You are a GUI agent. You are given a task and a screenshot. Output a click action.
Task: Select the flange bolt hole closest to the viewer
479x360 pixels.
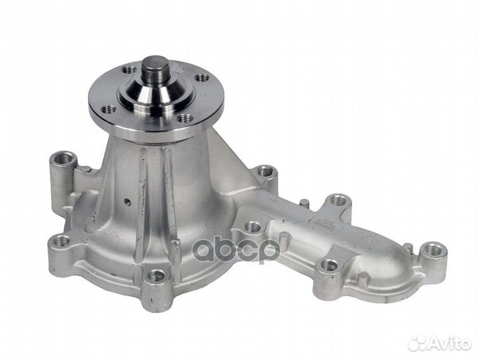click(185, 118)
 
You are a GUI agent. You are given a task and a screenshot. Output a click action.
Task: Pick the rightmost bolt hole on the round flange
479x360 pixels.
click(201, 78)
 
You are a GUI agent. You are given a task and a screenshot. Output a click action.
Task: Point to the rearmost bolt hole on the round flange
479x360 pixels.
click(129, 69)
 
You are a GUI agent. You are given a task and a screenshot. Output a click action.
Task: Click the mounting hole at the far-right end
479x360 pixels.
click(434, 251)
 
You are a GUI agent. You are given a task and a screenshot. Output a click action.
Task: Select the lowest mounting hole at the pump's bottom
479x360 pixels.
click(157, 275)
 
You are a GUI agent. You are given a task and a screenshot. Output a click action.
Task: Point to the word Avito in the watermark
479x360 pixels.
click(449, 343)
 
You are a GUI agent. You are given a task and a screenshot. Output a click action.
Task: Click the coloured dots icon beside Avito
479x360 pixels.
click(418, 343)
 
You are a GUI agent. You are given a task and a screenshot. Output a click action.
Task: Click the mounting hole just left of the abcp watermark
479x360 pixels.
click(252, 227)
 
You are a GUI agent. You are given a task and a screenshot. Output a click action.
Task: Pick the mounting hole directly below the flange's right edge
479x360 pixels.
click(265, 172)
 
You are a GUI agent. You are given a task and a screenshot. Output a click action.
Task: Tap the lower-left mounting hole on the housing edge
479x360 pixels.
click(61, 241)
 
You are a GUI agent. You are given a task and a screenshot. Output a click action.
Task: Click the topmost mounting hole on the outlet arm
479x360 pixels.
click(339, 200)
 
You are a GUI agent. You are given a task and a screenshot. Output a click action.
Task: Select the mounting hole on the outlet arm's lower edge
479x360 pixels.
click(329, 265)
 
